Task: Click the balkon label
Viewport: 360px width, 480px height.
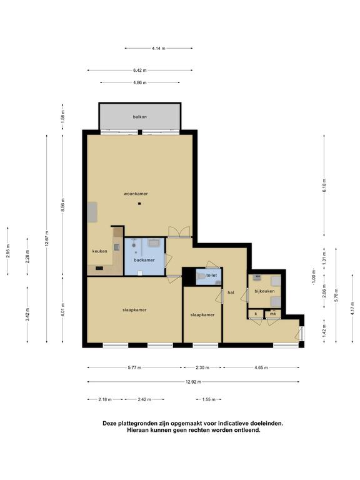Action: (x=139, y=117)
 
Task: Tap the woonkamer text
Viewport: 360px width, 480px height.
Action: (x=136, y=194)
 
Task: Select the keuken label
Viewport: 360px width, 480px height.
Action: (x=100, y=251)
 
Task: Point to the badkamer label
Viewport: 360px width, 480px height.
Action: (x=144, y=260)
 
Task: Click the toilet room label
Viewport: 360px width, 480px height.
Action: (x=211, y=276)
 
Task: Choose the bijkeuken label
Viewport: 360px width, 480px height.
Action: (x=264, y=291)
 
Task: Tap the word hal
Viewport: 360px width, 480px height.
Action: (x=231, y=292)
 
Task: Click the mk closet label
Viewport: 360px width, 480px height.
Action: (x=272, y=314)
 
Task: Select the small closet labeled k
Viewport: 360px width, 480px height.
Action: (x=256, y=314)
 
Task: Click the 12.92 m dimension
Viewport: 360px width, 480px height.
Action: (x=193, y=382)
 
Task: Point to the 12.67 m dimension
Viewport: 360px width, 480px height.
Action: (x=47, y=238)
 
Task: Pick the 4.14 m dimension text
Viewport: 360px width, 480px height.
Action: (x=158, y=48)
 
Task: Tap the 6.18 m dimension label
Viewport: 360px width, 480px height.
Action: (x=324, y=186)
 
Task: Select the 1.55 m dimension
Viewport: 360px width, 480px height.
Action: (x=209, y=399)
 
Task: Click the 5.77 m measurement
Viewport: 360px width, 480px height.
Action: (x=134, y=367)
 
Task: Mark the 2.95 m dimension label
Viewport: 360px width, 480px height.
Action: (x=8, y=251)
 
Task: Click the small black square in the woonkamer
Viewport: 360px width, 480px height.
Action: (x=139, y=204)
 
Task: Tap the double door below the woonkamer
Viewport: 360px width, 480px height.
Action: (x=180, y=232)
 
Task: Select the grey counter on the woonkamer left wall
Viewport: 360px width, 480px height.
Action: (x=92, y=212)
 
